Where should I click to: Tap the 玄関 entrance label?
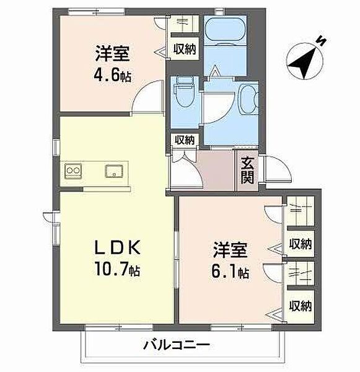point(247,172)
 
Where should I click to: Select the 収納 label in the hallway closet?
point(184,139)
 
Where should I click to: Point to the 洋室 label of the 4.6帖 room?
point(112,53)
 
